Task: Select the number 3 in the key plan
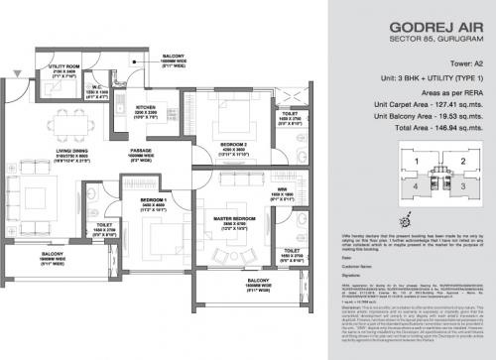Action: click(462, 184)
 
